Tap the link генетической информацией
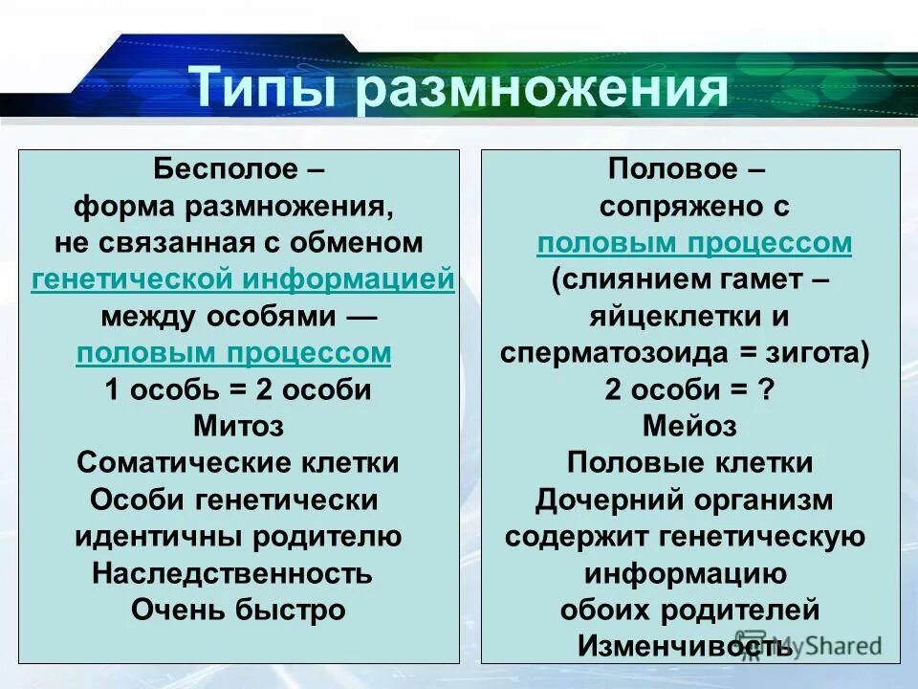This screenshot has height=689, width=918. [x=242, y=279]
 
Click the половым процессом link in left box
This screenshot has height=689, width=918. [x=233, y=353]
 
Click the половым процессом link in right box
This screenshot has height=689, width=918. [x=694, y=243]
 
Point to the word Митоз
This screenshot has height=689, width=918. [x=238, y=426]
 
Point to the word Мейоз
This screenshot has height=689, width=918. [x=689, y=426]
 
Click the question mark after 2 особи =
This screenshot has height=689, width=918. [x=764, y=390]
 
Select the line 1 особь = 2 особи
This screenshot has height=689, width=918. [x=238, y=390]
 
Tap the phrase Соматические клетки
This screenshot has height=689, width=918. [x=238, y=463]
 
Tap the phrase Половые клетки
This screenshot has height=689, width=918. [x=689, y=463]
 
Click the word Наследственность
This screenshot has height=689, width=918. [x=232, y=574]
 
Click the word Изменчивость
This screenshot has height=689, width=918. [x=685, y=646]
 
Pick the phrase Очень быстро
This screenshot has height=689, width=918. [x=238, y=611]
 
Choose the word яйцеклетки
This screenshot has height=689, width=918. [x=676, y=317]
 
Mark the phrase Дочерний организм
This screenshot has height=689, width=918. [x=684, y=500]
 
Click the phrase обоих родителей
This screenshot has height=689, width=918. [x=689, y=610]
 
